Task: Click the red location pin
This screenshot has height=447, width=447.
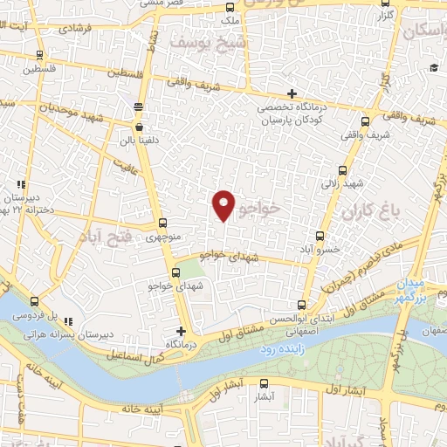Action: point(224,204)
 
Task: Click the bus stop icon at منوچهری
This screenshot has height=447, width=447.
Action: point(163,223)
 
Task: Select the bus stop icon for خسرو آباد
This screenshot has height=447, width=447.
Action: point(320,236)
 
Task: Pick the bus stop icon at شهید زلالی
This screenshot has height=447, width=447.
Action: point(341,171)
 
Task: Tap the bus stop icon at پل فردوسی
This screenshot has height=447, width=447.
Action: point(33,299)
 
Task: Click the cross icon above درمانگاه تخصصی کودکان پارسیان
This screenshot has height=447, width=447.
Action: point(292,94)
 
